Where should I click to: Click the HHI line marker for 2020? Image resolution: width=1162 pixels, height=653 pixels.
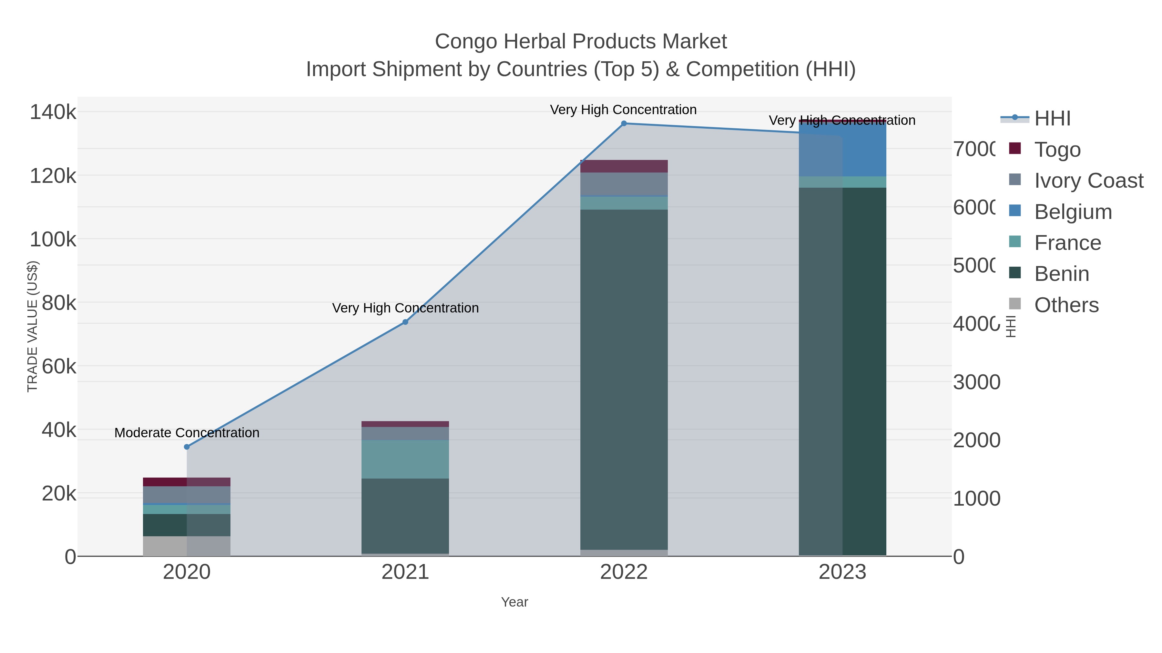tap(187, 447)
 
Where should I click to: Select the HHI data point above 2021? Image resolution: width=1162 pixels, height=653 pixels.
tap(405, 322)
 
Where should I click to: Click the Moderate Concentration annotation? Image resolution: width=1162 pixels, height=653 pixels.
tap(187, 433)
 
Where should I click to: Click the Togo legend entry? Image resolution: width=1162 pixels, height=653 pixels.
tap(1057, 149)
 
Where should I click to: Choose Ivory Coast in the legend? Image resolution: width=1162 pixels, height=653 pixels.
tap(1088, 180)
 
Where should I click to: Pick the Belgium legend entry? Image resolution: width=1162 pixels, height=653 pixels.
tap(1073, 211)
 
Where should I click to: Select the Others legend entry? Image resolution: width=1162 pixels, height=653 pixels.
tap(1066, 305)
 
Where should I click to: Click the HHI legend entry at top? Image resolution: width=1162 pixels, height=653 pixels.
tap(1052, 118)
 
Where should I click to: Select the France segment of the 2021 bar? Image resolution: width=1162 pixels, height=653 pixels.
tap(405, 459)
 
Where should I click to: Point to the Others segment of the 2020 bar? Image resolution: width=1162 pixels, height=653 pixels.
tap(187, 546)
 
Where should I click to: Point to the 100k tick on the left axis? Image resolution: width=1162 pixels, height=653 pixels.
tap(53, 239)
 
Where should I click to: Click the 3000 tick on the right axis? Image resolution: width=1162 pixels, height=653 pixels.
tap(977, 382)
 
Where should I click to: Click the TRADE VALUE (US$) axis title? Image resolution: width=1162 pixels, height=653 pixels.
tap(33, 326)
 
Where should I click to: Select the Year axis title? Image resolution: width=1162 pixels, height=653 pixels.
tap(514, 602)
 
